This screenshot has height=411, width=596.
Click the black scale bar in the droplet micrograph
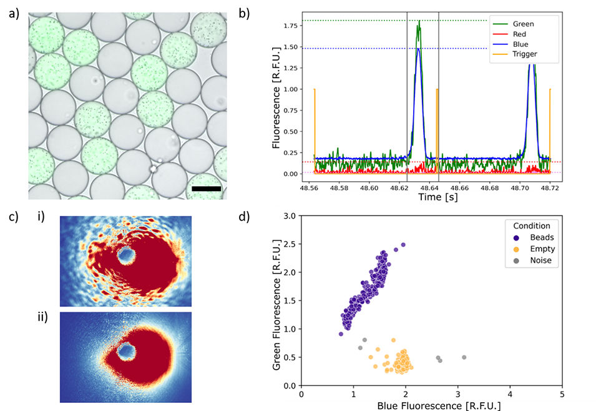tap(207, 188)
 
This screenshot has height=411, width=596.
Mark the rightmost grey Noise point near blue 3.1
tap(464, 357)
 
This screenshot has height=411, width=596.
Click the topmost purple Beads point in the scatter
tap(403, 245)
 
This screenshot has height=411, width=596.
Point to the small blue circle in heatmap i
tap(127, 255)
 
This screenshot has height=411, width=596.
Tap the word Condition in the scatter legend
tap(532, 226)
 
